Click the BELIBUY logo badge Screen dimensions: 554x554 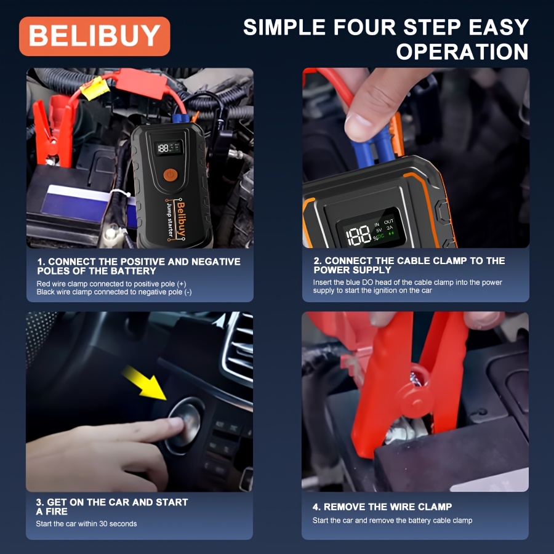coord(94,36)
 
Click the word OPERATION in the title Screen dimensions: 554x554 coord(462,52)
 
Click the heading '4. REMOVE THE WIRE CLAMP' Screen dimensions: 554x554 coord(382,507)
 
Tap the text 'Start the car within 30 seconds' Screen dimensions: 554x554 coord(86,524)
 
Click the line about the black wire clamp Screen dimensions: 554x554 coord(114,292)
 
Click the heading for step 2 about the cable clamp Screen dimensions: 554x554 coord(409,265)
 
